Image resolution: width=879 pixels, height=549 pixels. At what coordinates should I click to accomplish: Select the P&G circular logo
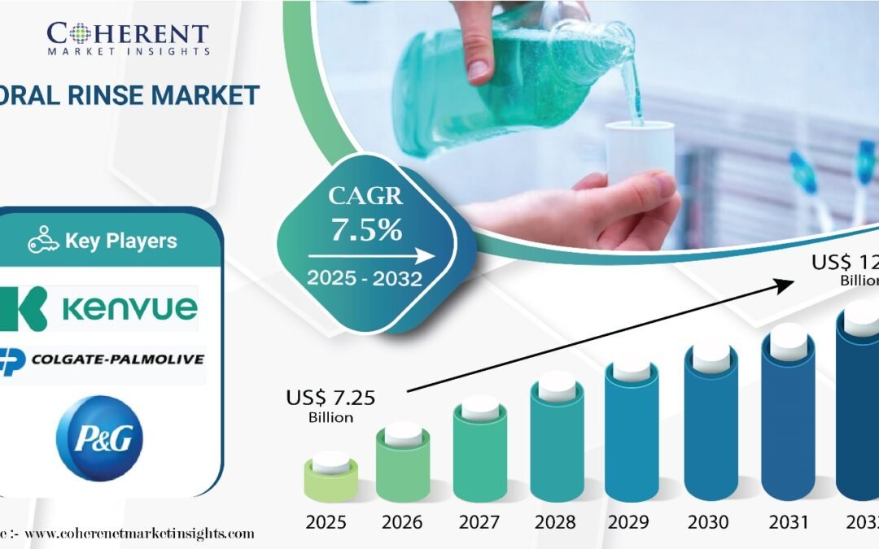[99, 438]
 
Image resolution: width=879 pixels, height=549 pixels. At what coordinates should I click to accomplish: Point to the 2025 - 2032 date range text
[365, 279]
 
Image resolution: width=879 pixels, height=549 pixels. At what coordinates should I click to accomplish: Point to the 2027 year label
[480, 521]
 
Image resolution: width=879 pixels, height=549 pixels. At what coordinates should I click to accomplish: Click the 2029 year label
[633, 521]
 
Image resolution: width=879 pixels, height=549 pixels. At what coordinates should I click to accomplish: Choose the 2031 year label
[786, 521]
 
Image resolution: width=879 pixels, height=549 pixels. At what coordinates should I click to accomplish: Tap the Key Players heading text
[120, 241]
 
